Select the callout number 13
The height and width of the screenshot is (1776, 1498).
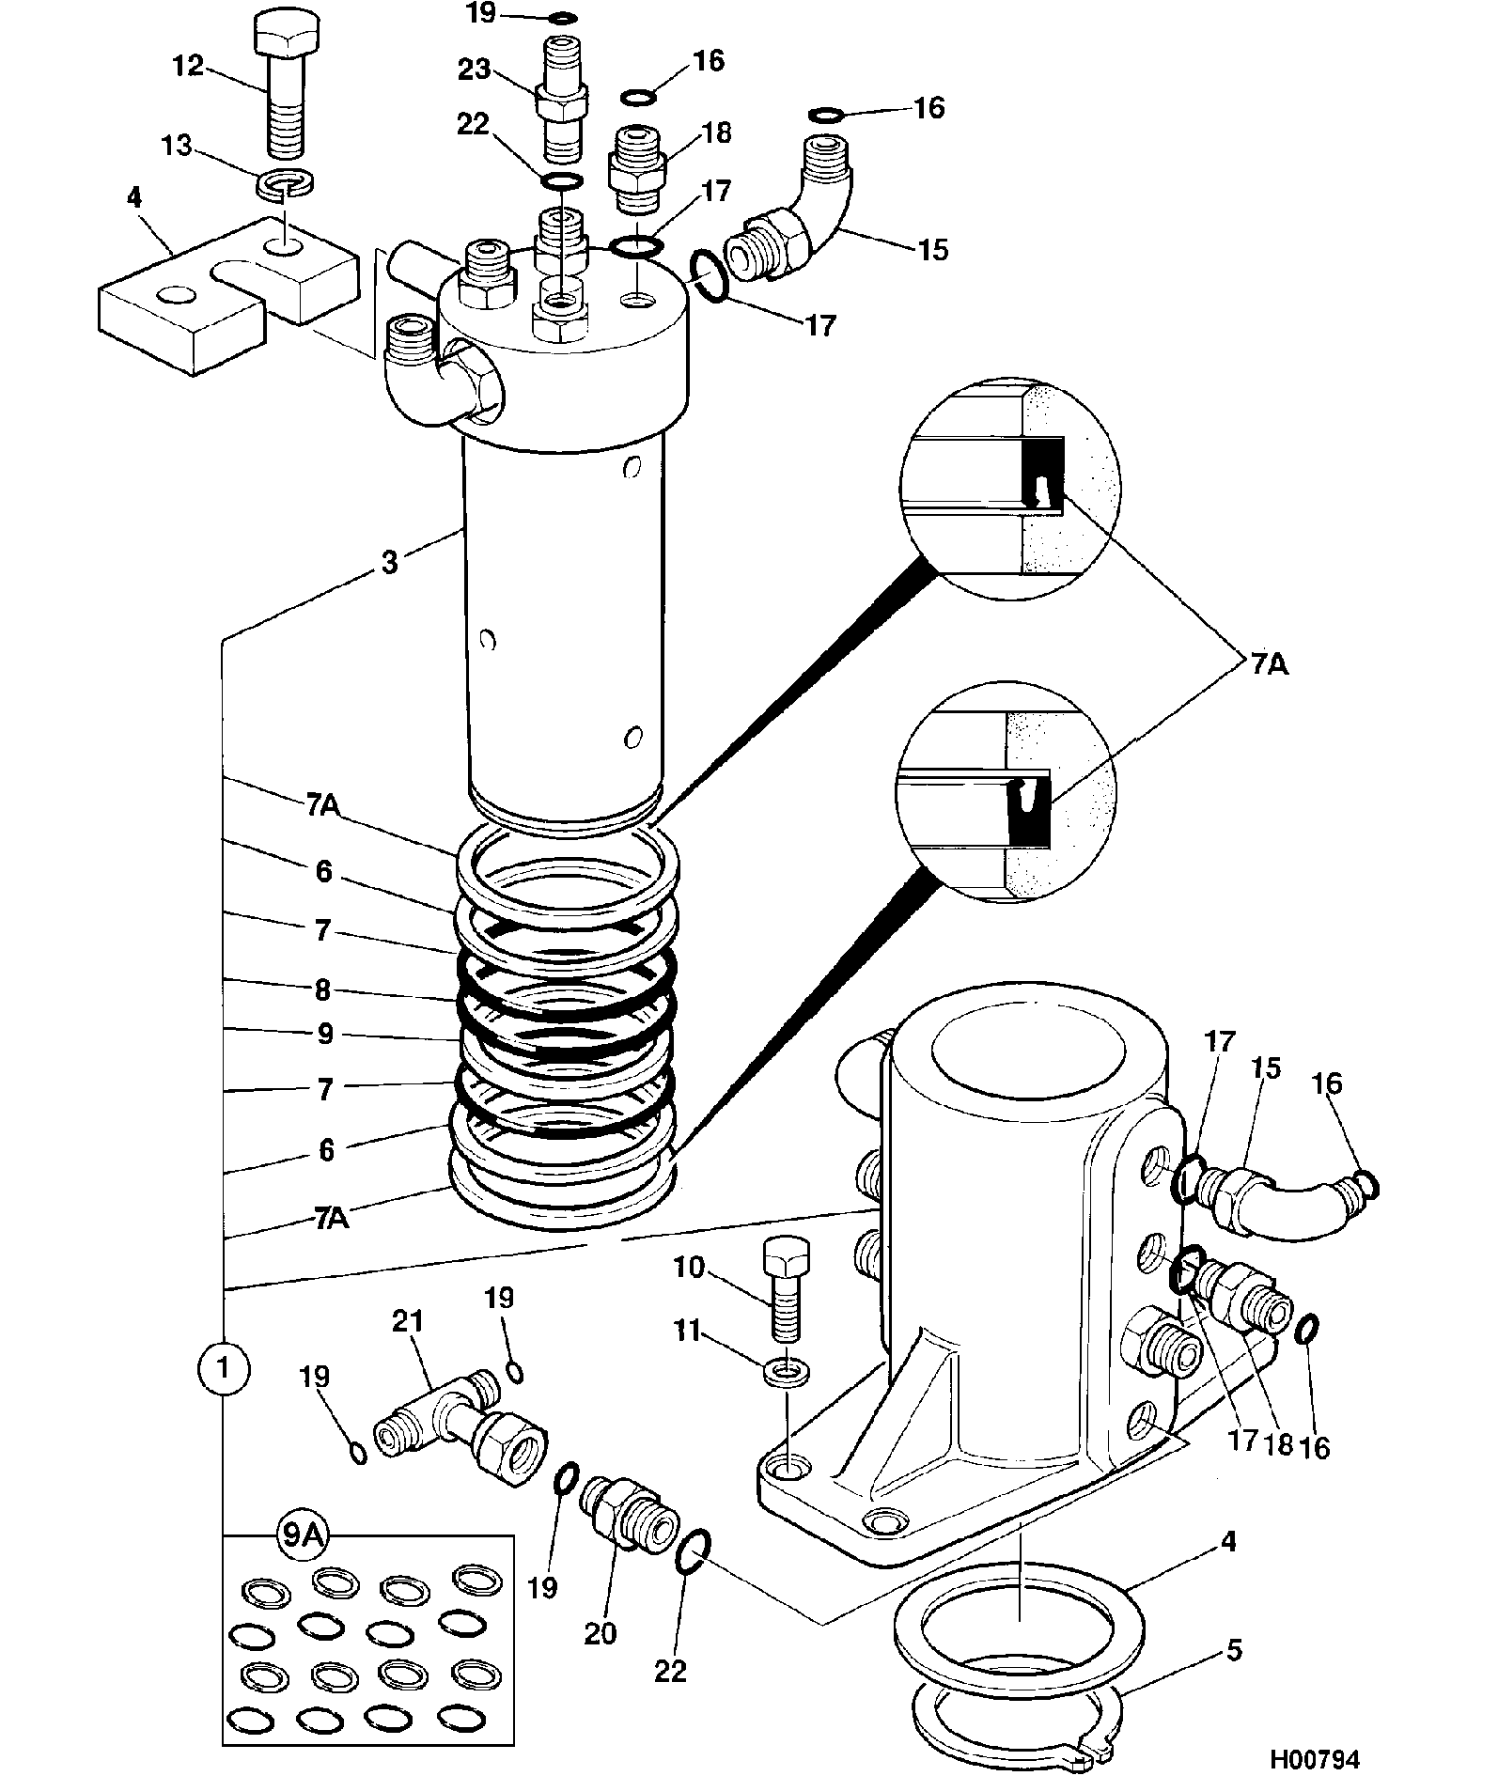point(177,147)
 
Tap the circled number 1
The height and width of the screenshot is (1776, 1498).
point(224,1368)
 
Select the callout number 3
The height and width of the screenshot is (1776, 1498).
point(389,563)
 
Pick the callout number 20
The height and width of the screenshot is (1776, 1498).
point(601,1634)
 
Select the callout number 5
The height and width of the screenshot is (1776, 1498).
point(1234,1649)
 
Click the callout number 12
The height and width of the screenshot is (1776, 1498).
point(188,67)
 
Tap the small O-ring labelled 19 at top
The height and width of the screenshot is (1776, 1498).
point(563,18)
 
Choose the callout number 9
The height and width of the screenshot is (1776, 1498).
point(325,1035)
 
